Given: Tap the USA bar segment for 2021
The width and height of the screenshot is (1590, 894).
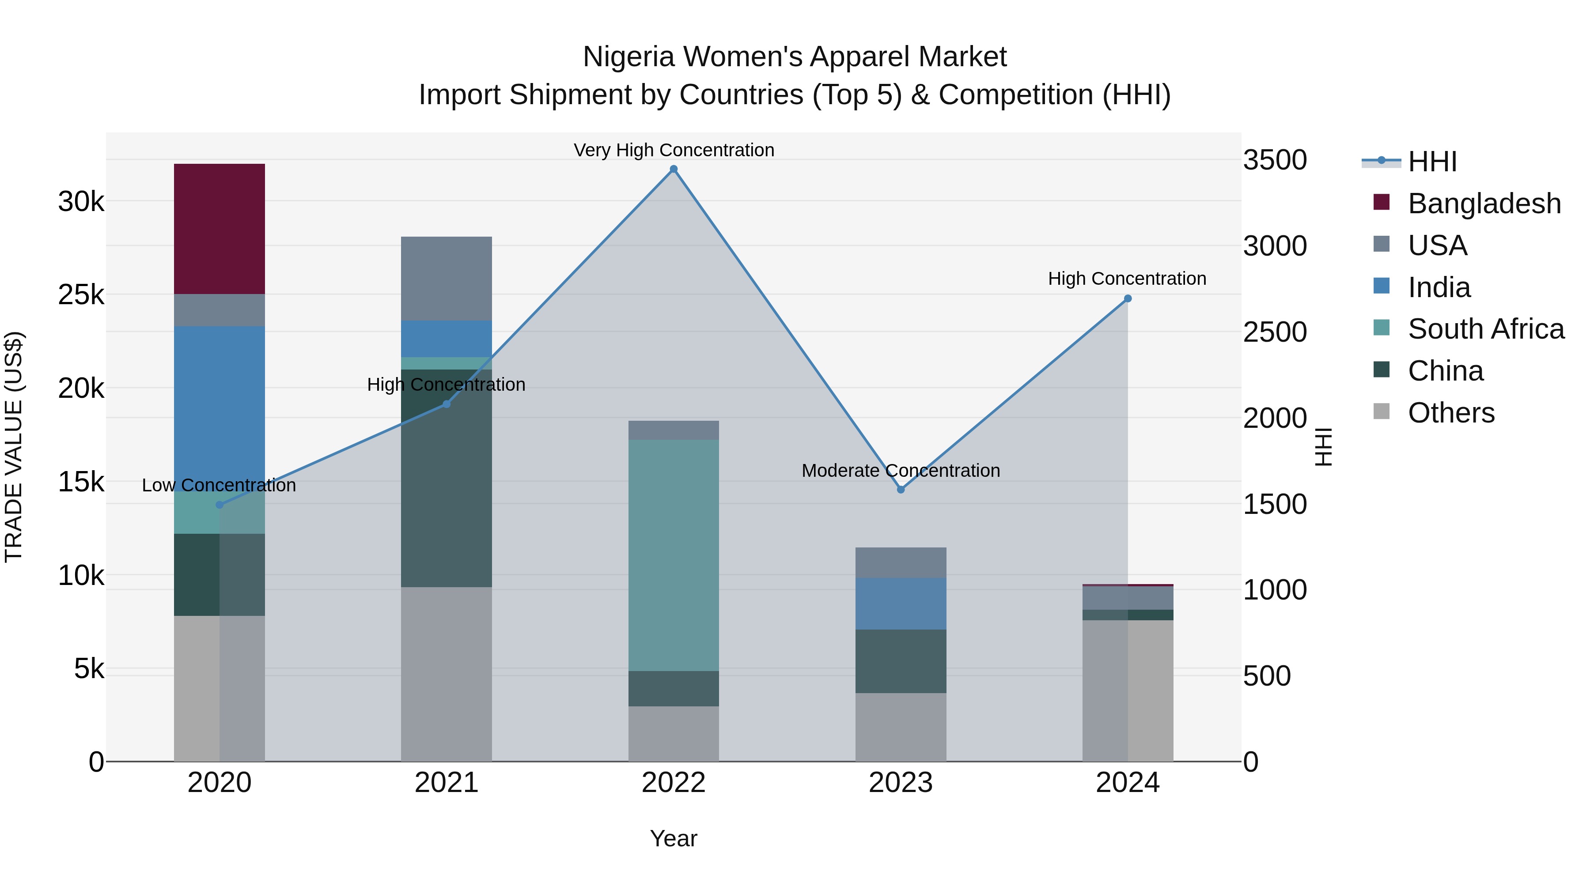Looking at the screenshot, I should [446, 278].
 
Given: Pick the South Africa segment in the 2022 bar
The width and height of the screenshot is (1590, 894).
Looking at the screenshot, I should [674, 555].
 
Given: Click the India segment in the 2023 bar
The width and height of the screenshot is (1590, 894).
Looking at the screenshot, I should [901, 604].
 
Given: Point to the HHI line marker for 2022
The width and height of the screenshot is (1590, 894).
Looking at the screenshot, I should [674, 169].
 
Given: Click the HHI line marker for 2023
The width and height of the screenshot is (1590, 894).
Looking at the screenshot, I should [901, 489].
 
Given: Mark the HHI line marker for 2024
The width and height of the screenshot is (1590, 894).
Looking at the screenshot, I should [1128, 298].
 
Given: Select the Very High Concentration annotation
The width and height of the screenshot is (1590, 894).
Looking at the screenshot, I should [674, 150].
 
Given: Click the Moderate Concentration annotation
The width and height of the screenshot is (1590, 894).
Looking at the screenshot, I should [901, 471].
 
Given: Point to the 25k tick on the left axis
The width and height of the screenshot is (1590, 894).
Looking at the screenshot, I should [81, 295].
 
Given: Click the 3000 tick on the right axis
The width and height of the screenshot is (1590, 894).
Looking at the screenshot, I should [1275, 246].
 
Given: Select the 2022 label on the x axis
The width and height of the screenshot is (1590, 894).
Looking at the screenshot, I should [674, 783].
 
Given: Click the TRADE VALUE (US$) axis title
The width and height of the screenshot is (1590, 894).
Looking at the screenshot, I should [14, 447].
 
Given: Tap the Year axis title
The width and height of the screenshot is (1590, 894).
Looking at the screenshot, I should [674, 838].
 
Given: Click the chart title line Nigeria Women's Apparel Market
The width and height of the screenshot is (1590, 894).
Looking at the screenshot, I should [795, 57].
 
